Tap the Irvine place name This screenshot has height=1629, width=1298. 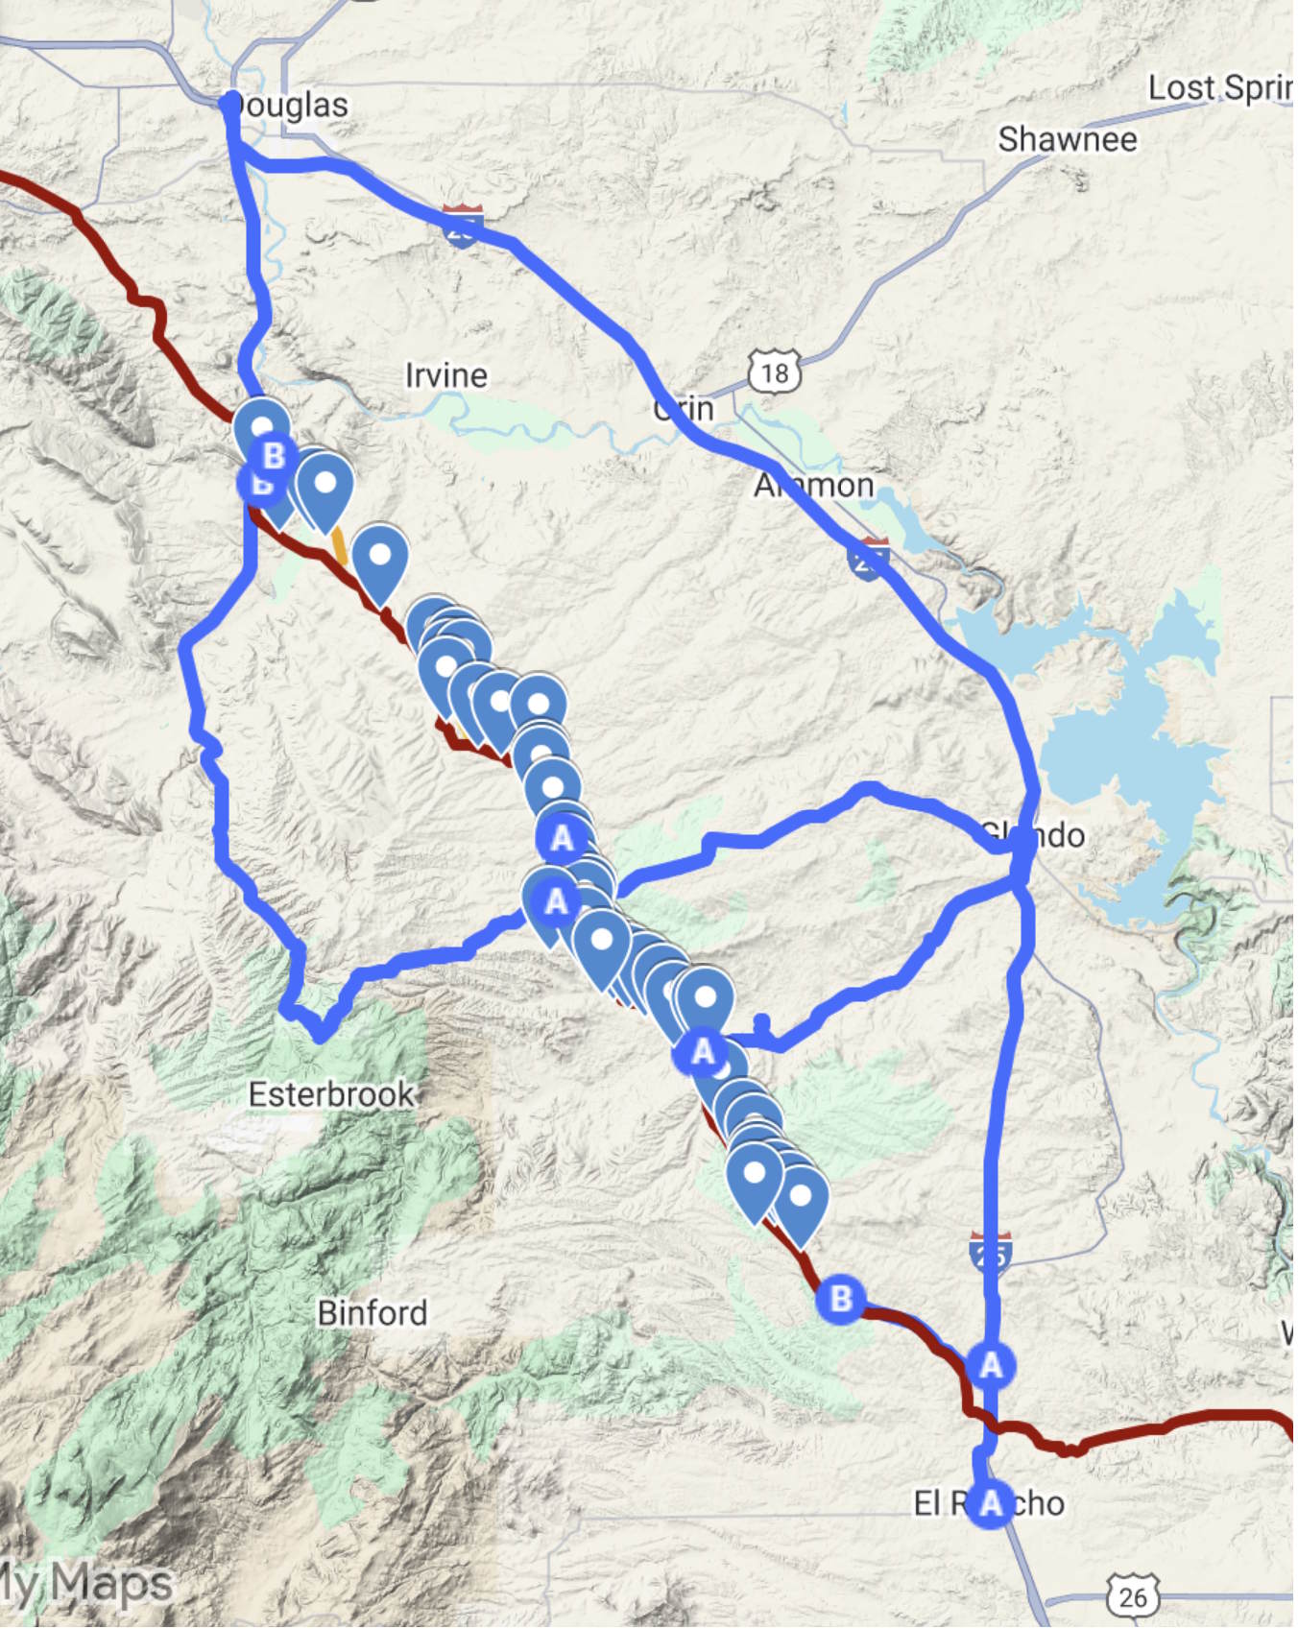(446, 375)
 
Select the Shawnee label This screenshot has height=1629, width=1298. (1068, 140)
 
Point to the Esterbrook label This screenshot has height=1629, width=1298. (331, 1094)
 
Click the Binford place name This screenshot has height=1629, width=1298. (373, 1313)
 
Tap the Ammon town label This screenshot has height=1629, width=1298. (814, 486)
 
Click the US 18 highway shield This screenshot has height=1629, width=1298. (774, 371)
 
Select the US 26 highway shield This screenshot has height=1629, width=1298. (1133, 1595)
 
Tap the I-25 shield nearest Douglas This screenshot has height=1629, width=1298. (463, 226)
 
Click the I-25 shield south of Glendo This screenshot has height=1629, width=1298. (991, 1253)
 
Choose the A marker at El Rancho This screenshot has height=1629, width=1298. (991, 1503)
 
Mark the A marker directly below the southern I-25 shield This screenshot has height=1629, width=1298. (991, 1364)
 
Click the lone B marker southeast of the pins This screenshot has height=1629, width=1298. (841, 1299)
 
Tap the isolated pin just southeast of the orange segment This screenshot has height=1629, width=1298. (380, 557)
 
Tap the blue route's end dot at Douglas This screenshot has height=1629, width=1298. (229, 100)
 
